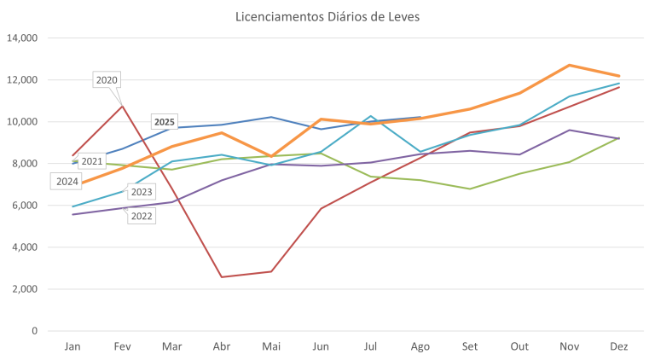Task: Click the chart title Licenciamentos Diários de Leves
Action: (327, 16)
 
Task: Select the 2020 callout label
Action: (107, 80)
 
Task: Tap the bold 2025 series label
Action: (165, 122)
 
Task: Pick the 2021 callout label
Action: (92, 161)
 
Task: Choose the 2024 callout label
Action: (67, 181)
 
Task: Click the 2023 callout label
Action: (142, 192)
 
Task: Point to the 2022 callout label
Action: (142, 217)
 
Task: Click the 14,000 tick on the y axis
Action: (23, 38)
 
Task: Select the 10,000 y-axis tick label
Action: (23, 122)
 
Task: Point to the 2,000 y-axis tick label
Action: (26, 289)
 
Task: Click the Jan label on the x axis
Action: (73, 346)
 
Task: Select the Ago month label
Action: (420, 346)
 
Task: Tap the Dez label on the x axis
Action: (619, 346)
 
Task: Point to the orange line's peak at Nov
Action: (570, 65)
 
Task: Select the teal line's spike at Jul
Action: (371, 116)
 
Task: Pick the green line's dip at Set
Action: (470, 189)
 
